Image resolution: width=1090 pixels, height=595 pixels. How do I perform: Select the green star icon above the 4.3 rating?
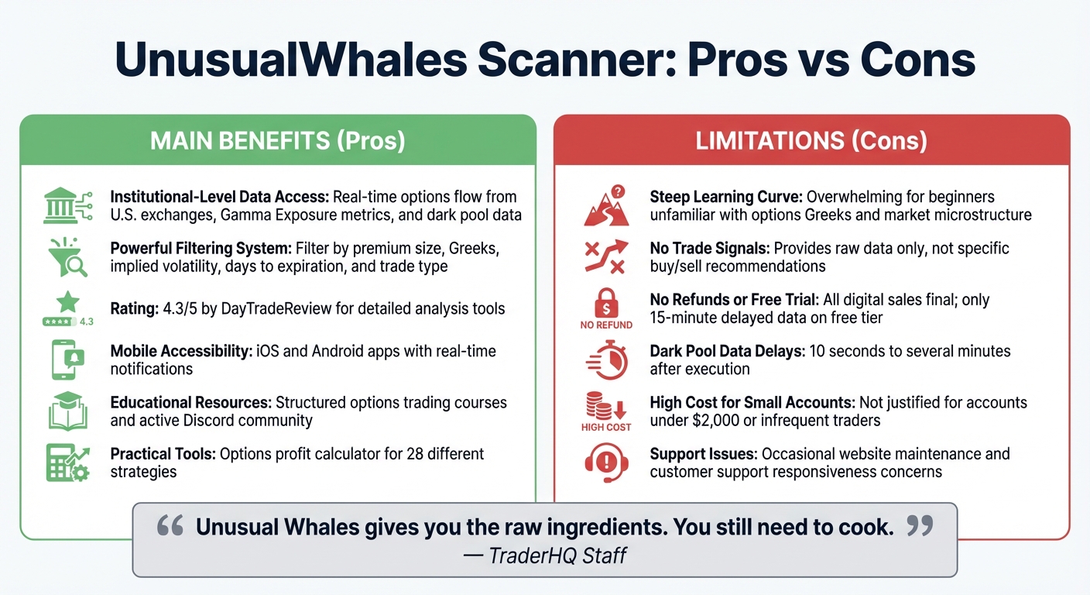point(67,301)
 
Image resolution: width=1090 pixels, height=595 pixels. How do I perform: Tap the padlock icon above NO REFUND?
point(606,302)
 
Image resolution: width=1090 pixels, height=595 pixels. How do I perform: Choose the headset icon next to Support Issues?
point(605,462)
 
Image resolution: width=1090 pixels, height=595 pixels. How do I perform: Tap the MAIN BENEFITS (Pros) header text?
point(277,140)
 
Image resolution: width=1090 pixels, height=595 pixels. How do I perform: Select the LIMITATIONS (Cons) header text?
point(811,140)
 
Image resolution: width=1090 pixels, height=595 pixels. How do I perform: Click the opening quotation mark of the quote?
point(170,527)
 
